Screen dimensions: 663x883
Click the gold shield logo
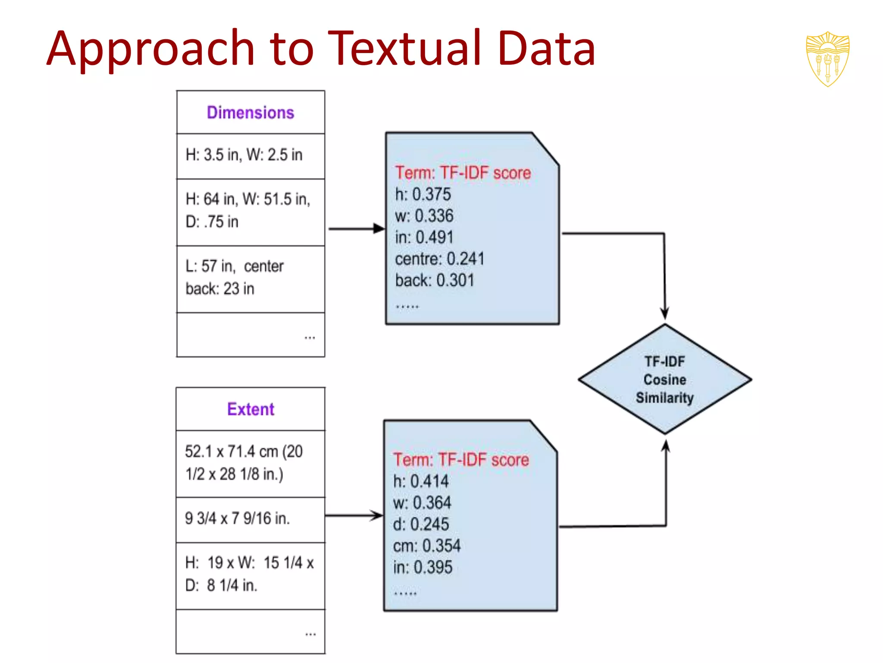(x=827, y=59)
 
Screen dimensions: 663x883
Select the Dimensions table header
(x=250, y=113)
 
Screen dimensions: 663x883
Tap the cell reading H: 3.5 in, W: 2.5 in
(x=244, y=155)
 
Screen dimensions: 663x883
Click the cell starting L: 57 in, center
(x=235, y=278)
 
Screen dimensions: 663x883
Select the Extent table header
(x=250, y=409)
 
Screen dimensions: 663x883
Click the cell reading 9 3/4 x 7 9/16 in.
(x=238, y=518)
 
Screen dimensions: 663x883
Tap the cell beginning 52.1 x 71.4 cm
(x=244, y=463)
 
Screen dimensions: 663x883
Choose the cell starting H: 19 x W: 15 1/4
(x=249, y=574)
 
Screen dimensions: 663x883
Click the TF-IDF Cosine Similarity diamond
(x=664, y=379)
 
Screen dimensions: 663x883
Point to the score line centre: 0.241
(x=440, y=259)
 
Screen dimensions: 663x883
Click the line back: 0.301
(x=435, y=281)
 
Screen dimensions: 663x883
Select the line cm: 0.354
(x=427, y=546)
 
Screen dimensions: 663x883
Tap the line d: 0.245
(x=421, y=524)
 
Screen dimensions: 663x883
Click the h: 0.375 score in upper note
(x=423, y=195)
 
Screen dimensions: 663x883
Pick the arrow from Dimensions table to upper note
(x=355, y=229)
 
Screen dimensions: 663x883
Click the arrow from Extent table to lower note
(x=354, y=515)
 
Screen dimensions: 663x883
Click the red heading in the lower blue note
(x=461, y=460)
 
